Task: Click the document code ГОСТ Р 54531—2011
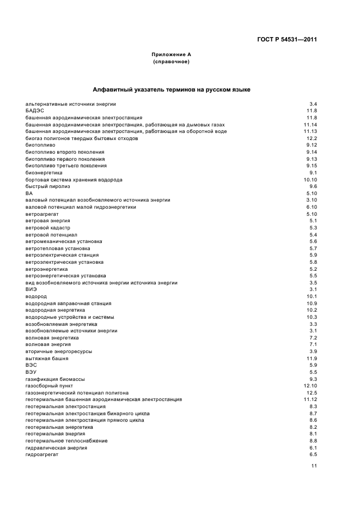coord(286,39)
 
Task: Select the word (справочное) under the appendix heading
coord(171,62)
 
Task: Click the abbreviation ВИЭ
coord(32,289)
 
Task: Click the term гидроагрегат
coord(42,454)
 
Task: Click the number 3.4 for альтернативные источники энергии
coord(313,104)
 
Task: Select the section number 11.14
coord(310,124)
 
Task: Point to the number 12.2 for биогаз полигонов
coord(312,138)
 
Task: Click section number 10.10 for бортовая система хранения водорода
coord(310,179)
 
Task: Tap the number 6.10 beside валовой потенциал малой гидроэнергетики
coord(312,207)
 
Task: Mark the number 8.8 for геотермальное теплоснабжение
coord(313,440)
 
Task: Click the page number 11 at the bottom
coord(314,466)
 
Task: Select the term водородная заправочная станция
coord(69,303)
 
